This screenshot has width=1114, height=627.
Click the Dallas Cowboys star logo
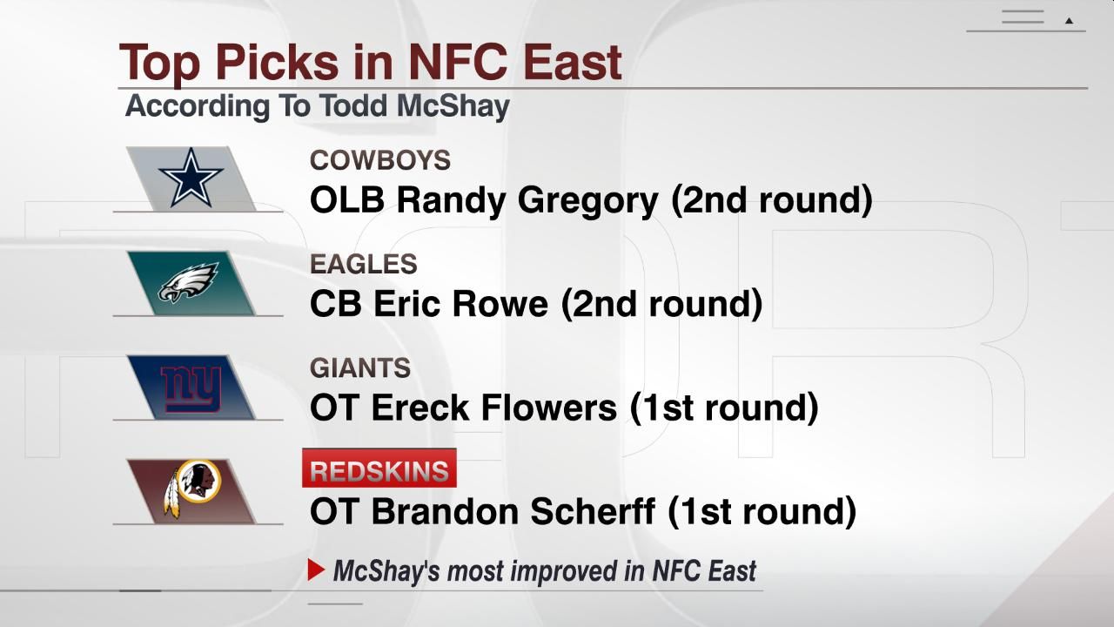pyautogui.click(x=191, y=177)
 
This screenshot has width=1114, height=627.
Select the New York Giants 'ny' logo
pyautogui.click(x=191, y=387)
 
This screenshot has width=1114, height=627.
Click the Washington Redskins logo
pyautogui.click(x=192, y=490)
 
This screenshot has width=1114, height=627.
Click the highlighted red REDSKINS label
pyautogui.click(x=379, y=471)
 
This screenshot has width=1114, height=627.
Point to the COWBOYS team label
pyautogui.click(x=380, y=160)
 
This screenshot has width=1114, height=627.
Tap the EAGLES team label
pyautogui.click(x=364, y=264)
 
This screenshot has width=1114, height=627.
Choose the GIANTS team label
pyautogui.click(x=360, y=367)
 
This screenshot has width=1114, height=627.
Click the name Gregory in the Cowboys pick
pyautogui.click(x=588, y=201)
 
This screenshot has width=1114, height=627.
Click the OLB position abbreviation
pyautogui.click(x=347, y=200)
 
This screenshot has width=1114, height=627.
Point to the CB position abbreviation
pyautogui.click(x=335, y=304)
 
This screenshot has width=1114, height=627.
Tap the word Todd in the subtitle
pyautogui.click(x=354, y=106)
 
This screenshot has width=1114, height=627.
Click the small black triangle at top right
pyautogui.click(x=1070, y=21)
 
